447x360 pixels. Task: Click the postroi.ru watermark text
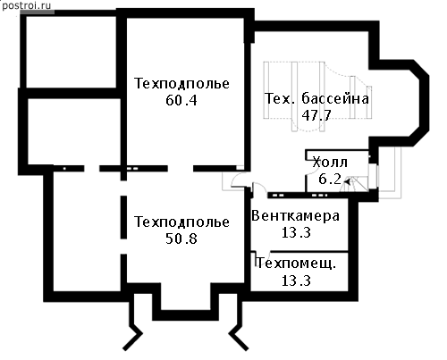click(26, 5)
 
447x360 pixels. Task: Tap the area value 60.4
click(181, 100)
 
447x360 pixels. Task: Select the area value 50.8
click(181, 239)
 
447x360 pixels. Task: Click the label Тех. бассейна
click(316, 98)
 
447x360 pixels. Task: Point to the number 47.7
click(316, 115)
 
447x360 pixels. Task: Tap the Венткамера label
click(295, 216)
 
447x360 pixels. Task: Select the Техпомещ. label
click(296, 264)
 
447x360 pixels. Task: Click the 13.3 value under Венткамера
click(296, 232)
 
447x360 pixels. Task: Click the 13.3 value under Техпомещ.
click(296, 280)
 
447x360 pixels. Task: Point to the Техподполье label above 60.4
click(181, 83)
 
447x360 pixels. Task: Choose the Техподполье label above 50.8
click(181, 222)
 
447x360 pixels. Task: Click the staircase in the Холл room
click(355, 184)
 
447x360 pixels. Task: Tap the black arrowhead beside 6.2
click(347, 180)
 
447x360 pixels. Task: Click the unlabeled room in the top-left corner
click(71, 52)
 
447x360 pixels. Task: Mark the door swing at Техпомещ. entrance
click(263, 255)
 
